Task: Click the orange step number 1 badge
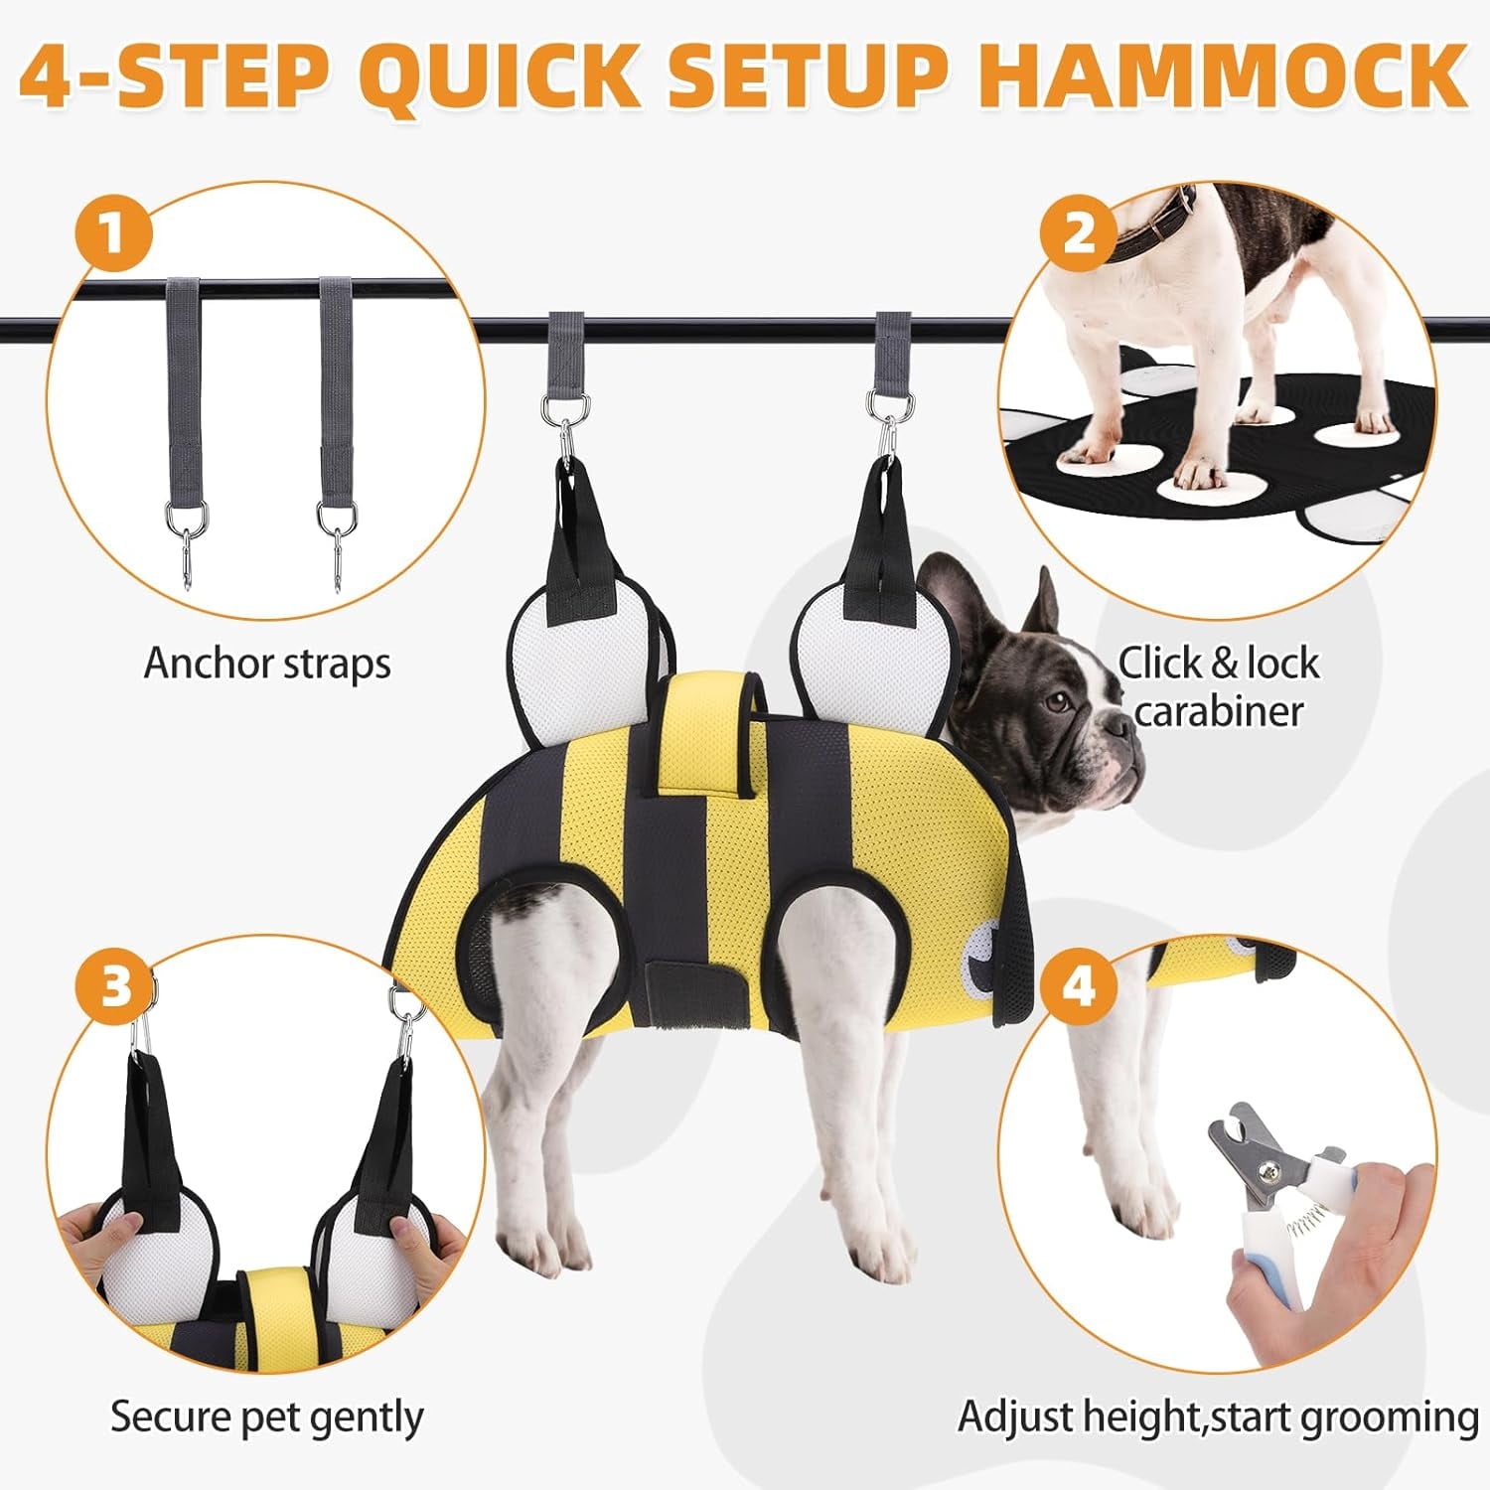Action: (113, 233)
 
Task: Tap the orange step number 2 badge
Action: (1079, 233)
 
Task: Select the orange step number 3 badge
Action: (115, 986)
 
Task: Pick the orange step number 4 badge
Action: (1079, 986)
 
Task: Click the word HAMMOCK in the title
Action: (1224, 74)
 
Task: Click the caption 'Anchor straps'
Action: (267, 664)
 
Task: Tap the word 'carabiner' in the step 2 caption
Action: (1218, 711)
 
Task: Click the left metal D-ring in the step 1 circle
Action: (187, 517)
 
